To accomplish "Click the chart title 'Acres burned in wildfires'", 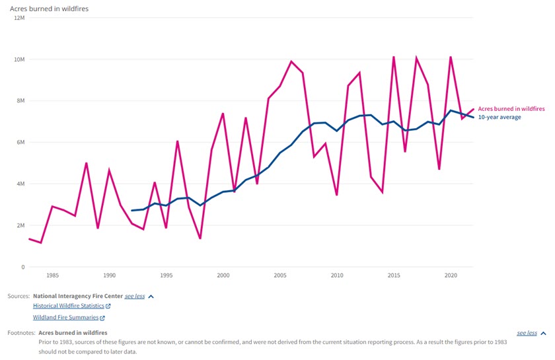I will click(x=50, y=8).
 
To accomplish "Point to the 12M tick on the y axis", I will click(x=18, y=18).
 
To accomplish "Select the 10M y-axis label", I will click(x=18, y=59).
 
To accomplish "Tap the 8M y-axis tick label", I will click(x=20, y=101).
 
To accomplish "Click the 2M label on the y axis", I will click(x=20, y=225).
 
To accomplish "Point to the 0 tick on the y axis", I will click(x=22, y=267).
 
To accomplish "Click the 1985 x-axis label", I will click(x=52, y=275).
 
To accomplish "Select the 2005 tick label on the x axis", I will click(x=280, y=275).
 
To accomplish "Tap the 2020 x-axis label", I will click(x=451, y=275).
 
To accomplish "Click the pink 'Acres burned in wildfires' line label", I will click(x=511, y=108).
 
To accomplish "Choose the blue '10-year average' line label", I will click(x=499, y=117).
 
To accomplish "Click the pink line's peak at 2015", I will click(x=394, y=57).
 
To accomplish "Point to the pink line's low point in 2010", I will click(x=337, y=195).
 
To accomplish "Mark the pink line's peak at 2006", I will click(x=291, y=61).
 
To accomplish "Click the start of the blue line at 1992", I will click(x=132, y=211).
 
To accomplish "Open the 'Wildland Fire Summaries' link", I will click(x=65, y=318).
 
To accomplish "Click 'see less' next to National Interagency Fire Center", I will click(x=135, y=297).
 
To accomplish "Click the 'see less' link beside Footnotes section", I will click(x=527, y=333).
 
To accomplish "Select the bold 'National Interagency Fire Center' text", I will click(x=77, y=297).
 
